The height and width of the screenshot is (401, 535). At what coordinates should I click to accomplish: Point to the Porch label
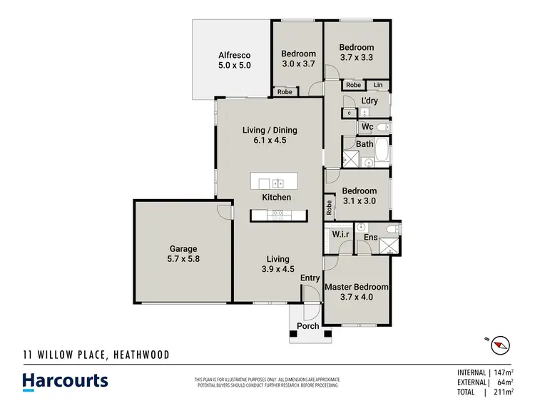tap(308, 327)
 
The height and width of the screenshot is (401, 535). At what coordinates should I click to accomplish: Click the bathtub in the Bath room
tap(383, 152)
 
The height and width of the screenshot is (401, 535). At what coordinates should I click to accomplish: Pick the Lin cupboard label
tap(377, 86)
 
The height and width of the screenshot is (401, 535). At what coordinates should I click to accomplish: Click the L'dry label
tap(370, 101)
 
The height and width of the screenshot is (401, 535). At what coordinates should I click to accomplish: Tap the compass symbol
tap(500, 345)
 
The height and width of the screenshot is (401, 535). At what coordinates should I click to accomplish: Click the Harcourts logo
tap(65, 380)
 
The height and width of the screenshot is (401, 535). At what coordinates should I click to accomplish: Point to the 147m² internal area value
tap(503, 372)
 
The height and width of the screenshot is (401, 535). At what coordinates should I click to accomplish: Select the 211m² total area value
tap(503, 392)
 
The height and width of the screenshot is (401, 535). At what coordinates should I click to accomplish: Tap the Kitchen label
tap(276, 197)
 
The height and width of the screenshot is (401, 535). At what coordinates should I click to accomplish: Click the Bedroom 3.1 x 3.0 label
tap(359, 196)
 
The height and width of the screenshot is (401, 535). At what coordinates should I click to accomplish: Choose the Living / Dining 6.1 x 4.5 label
tap(270, 135)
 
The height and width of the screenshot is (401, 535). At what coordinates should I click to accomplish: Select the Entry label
tap(310, 278)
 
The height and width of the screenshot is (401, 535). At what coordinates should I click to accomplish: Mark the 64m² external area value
tap(505, 382)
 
